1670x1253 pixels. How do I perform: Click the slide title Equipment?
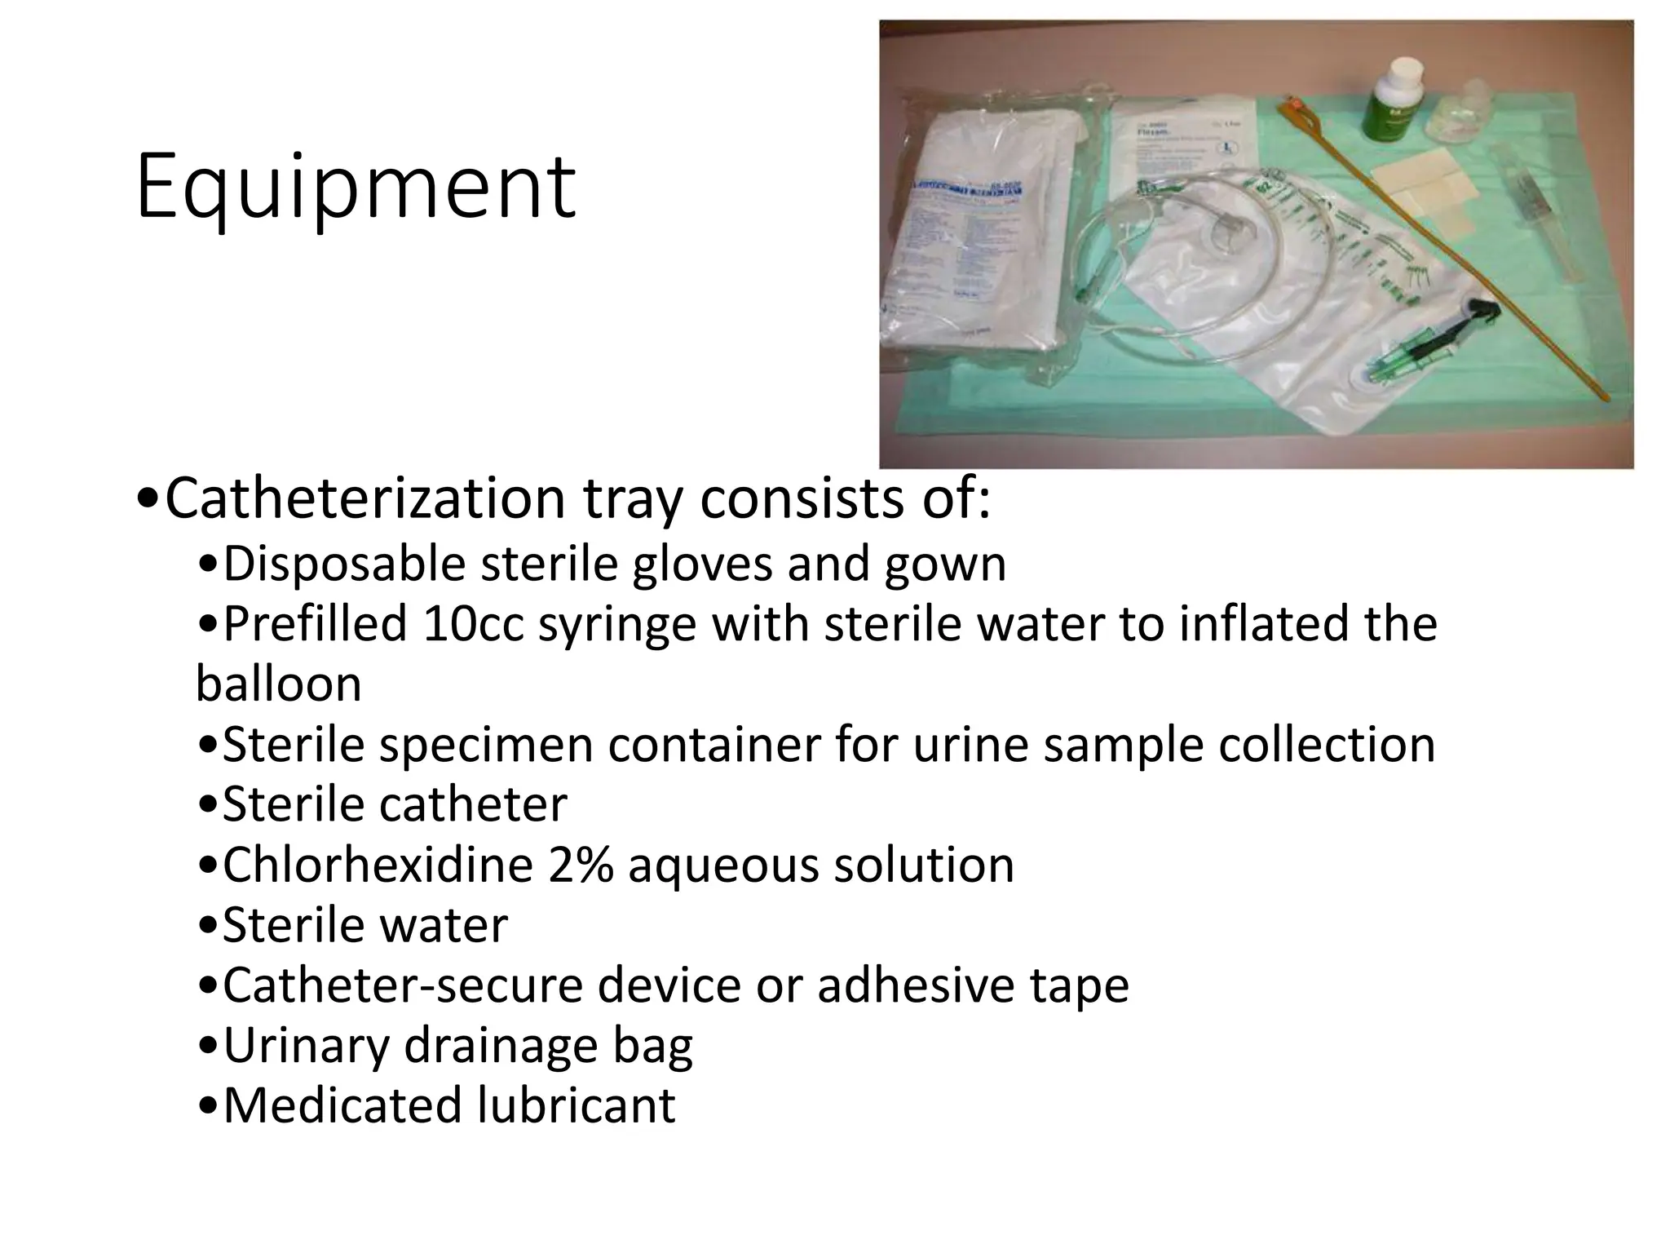[x=356, y=188]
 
